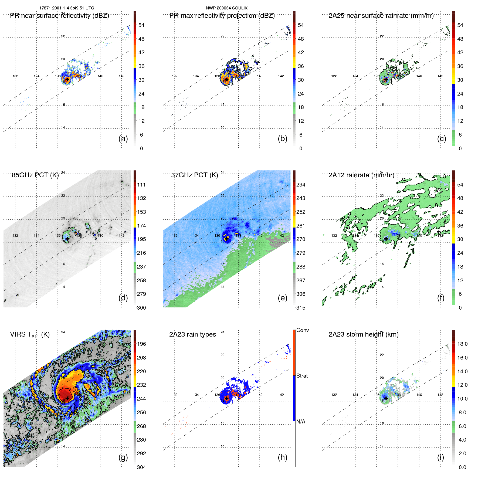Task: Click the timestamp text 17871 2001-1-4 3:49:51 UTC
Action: coord(67,8)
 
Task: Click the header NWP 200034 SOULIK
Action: coord(226,8)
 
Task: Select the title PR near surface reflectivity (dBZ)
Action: coord(59,16)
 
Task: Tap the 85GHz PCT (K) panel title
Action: coord(35,175)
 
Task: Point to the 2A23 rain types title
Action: coord(192,335)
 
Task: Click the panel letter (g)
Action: coord(123,457)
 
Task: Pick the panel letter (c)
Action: coord(442,138)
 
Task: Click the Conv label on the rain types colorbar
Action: coord(302,330)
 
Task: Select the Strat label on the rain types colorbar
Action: coord(302,376)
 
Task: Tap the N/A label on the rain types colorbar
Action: coord(301,422)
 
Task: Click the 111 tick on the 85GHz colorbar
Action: coord(141,185)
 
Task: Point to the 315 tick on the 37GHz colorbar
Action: coord(301,308)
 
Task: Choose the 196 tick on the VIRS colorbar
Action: coord(141,344)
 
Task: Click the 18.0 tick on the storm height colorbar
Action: coord(462,344)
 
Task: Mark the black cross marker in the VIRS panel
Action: coord(67,398)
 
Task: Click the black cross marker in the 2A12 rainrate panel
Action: coord(386,239)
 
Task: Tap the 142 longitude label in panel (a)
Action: coord(121,76)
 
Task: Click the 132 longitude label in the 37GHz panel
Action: coord(175,236)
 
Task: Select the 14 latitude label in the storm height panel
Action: coord(382,446)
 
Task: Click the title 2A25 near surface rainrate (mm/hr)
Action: coord(381,16)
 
